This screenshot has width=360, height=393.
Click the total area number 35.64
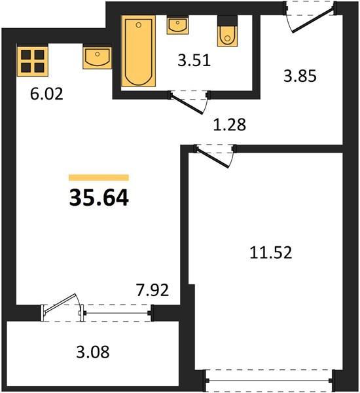[99, 198]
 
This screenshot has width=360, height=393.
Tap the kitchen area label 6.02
[46, 94]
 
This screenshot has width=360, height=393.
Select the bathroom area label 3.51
[194, 61]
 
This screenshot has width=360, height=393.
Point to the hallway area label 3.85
[300, 76]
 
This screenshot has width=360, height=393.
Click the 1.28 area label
[229, 124]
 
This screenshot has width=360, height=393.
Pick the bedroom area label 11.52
[271, 252]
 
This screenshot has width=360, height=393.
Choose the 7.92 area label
[153, 290]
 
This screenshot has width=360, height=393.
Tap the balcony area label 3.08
[93, 352]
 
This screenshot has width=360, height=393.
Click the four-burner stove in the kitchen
[32, 61]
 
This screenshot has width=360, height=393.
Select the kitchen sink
[98, 58]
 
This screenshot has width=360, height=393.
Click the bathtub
[138, 51]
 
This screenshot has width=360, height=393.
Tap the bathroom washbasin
[177, 26]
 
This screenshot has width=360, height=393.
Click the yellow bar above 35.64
[99, 178]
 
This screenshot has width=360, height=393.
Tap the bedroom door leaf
[213, 157]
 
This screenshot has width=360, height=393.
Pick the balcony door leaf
[60, 303]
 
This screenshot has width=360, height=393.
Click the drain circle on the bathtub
[138, 25]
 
